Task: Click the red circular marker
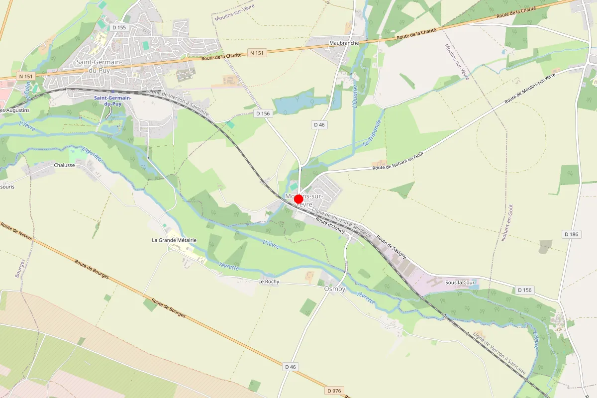298,199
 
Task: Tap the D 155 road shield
119,27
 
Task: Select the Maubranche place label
344,43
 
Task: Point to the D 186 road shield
573,234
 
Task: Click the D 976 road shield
335,391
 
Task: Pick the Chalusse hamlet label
64,165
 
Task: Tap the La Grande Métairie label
174,240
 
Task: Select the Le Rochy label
269,282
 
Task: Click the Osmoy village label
334,289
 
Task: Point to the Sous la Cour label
461,283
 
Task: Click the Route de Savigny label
392,246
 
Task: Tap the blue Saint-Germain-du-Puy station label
113,101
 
